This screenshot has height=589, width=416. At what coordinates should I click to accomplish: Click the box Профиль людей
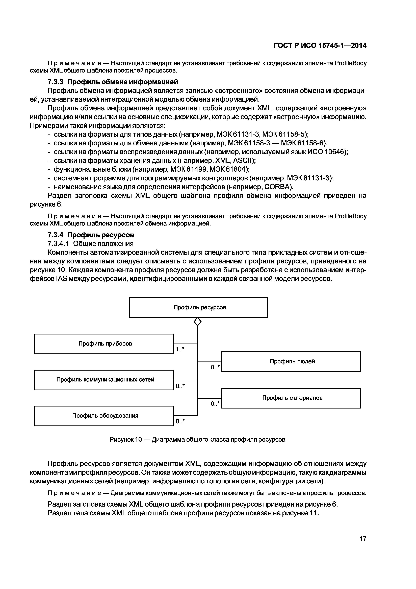tap(291, 361)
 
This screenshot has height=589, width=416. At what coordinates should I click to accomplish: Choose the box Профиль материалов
tap(291, 398)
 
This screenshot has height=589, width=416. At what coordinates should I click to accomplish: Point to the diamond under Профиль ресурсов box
tap(197, 321)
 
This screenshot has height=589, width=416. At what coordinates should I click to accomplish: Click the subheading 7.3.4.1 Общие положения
tap(91, 243)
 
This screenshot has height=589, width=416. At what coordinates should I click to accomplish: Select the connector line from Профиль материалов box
tap(209, 398)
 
